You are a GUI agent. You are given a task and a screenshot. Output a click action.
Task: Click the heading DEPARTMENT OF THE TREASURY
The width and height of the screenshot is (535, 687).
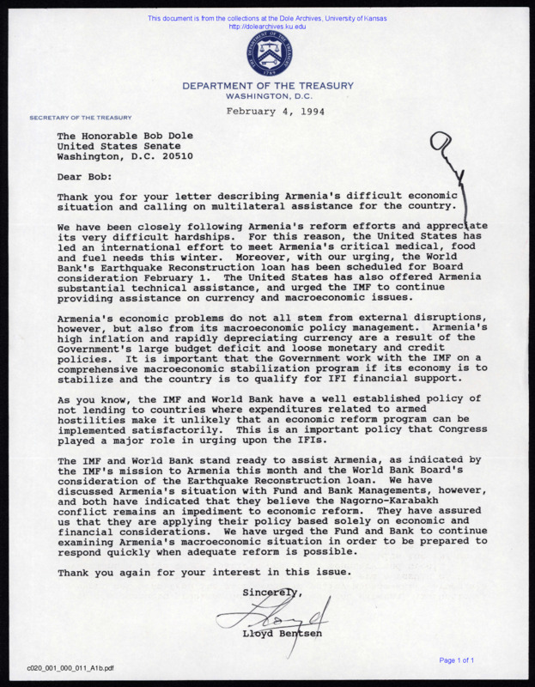pos(267,86)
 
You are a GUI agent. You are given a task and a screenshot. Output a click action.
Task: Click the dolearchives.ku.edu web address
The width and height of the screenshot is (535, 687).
pos(267,27)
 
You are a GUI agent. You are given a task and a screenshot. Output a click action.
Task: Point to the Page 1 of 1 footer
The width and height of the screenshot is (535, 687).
pos(469,660)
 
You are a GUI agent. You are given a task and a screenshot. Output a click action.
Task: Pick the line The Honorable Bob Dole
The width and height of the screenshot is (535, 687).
pos(125,135)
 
